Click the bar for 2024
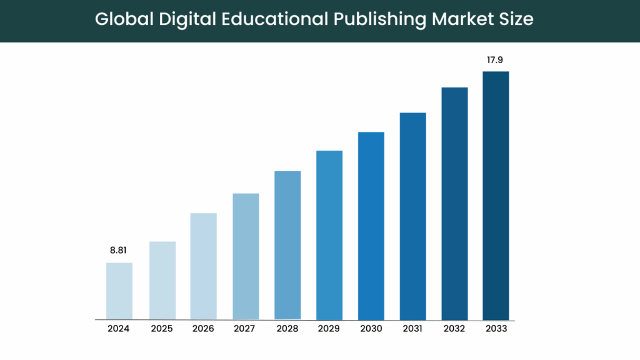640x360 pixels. pyautogui.click(x=119, y=291)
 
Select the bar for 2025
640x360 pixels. pyautogui.click(x=162, y=281)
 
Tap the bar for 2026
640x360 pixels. pyautogui.click(x=203, y=266)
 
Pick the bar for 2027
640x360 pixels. pyautogui.click(x=246, y=256)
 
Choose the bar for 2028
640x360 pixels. pyautogui.click(x=287, y=245)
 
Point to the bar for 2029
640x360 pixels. pyautogui.click(x=329, y=235)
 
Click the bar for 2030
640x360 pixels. pyautogui.click(x=371, y=226)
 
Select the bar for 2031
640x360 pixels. pyautogui.click(x=412, y=216)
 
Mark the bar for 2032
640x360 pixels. pyautogui.click(x=454, y=204)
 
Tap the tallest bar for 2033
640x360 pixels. pyautogui.click(x=496, y=196)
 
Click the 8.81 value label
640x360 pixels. pyautogui.click(x=119, y=250)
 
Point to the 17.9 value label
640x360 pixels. pyautogui.click(x=496, y=60)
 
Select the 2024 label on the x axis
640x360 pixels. pyautogui.click(x=119, y=329)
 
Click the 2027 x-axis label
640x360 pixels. pyautogui.click(x=246, y=329)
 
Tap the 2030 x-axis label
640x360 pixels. pyautogui.click(x=371, y=329)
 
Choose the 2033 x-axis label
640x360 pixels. pyautogui.click(x=496, y=329)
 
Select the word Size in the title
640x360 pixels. pyautogui.click(x=517, y=19)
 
